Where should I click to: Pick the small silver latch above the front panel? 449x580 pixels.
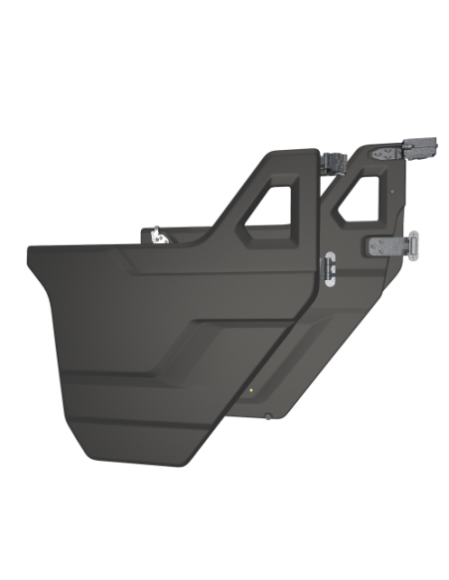pyautogui.click(x=157, y=235)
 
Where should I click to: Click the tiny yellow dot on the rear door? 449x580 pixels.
pyautogui.click(x=253, y=389)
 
